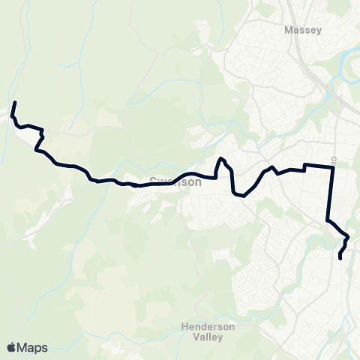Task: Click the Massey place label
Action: (x=303, y=31)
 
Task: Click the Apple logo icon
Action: (x=11, y=347)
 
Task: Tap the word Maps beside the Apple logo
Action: (x=32, y=347)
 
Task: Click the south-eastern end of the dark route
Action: (x=340, y=259)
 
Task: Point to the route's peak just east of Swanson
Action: (x=221, y=159)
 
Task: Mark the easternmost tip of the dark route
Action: (x=348, y=238)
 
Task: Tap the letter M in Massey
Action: (x=289, y=31)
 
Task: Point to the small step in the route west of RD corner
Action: (x=304, y=167)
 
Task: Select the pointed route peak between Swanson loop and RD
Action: (x=273, y=167)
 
